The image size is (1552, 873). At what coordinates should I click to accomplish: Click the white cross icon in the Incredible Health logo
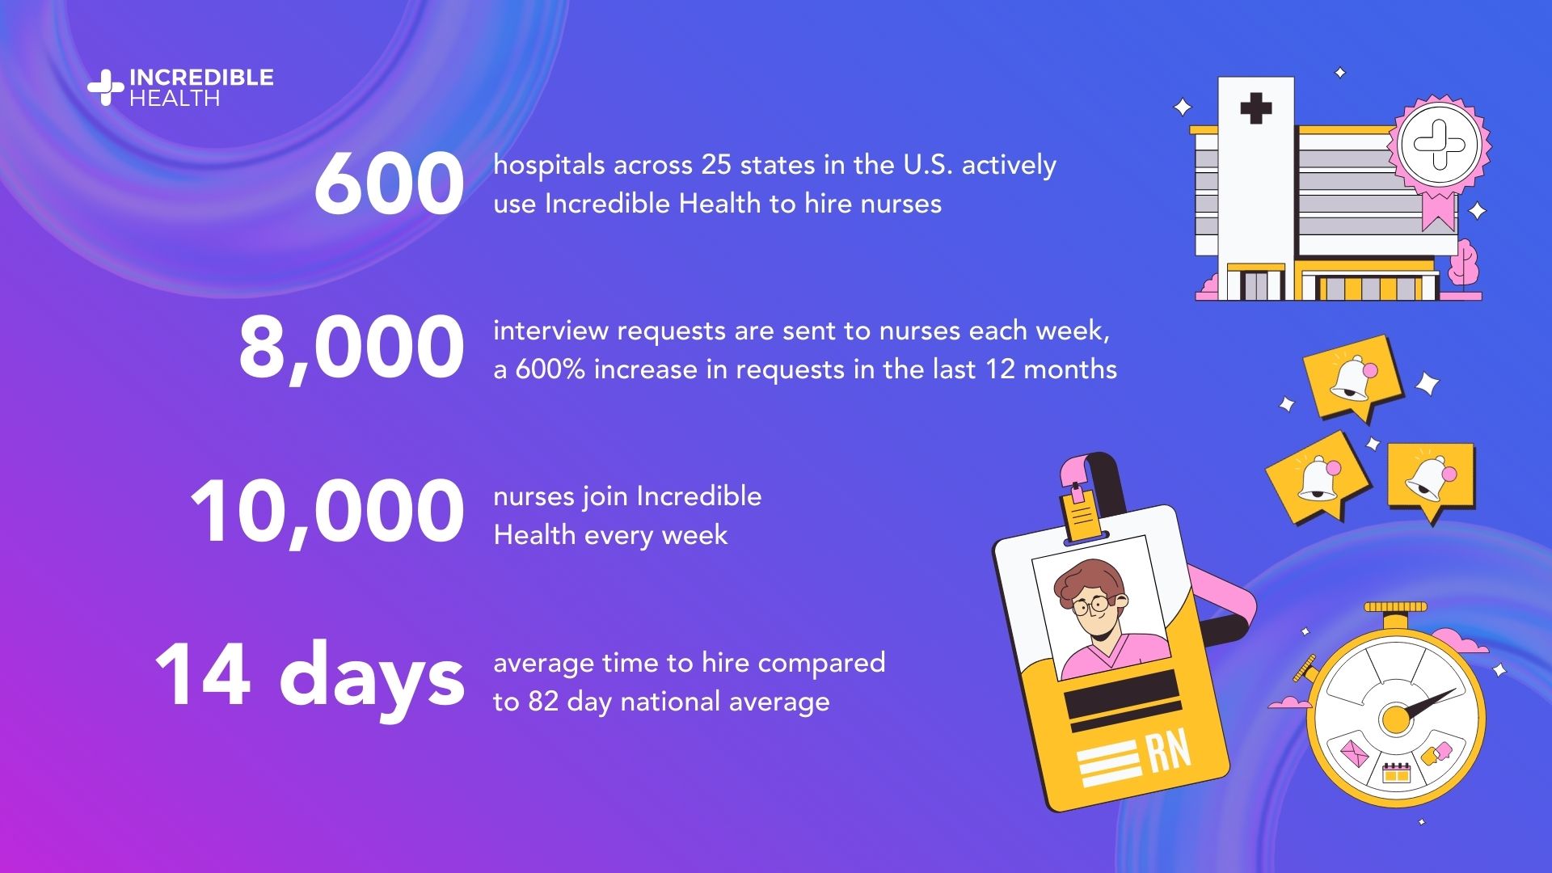[105, 88]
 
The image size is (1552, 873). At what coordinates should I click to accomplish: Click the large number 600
[389, 184]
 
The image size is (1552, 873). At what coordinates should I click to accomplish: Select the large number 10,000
[327, 512]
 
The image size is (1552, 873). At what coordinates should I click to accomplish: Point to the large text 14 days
[310, 676]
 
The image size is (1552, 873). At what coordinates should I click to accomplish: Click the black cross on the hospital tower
[1255, 108]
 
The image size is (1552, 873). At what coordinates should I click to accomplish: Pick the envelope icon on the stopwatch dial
[1354, 754]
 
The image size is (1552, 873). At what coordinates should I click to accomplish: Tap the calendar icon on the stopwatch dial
[1396, 773]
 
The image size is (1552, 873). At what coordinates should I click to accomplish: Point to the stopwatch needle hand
[1427, 703]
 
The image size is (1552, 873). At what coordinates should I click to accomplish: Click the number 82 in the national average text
[543, 702]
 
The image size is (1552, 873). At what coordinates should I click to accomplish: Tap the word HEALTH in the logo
[175, 99]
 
